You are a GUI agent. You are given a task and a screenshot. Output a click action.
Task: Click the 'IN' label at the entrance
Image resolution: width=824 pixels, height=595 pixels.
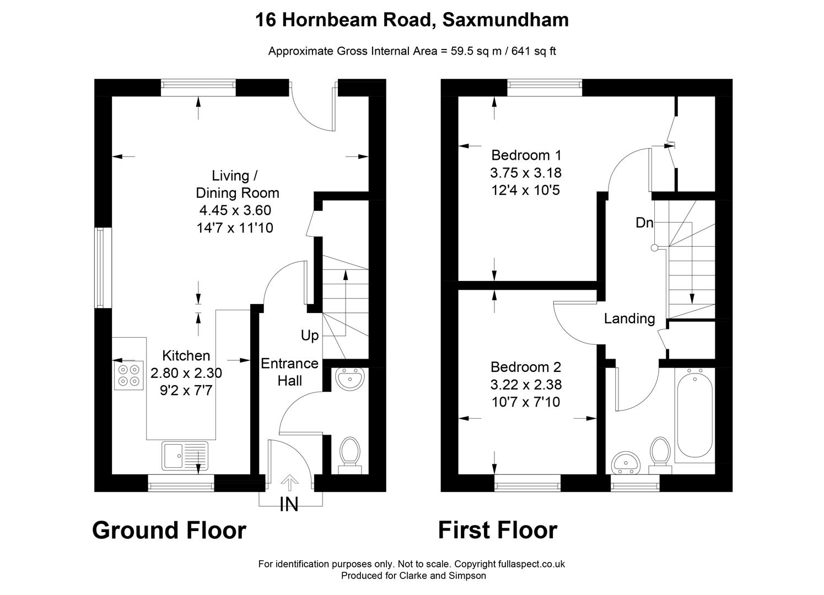289,504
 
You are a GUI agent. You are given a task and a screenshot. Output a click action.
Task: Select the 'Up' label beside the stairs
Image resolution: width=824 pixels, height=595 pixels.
310,336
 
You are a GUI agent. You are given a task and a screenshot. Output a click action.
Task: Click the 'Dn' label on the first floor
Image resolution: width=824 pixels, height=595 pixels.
644,223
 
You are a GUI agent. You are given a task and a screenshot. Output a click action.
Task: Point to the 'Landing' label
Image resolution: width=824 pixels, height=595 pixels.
629,318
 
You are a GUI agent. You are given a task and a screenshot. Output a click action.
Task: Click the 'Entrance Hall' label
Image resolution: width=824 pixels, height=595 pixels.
289,372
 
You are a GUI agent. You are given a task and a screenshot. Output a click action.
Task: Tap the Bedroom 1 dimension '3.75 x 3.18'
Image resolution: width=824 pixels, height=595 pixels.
525,173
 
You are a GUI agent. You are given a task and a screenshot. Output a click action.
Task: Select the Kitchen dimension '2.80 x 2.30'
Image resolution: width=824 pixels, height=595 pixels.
186,374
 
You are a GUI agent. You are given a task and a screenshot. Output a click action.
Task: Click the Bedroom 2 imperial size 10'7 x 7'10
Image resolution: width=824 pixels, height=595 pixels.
525,402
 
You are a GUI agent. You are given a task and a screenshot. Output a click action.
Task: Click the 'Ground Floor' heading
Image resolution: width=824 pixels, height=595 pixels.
169,530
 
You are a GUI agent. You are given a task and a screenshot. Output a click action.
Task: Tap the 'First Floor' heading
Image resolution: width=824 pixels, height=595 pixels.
497,530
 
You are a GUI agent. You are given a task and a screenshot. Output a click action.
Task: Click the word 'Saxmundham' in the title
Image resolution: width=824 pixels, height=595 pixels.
505,20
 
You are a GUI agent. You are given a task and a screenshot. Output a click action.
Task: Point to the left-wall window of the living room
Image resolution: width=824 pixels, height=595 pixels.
100,268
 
